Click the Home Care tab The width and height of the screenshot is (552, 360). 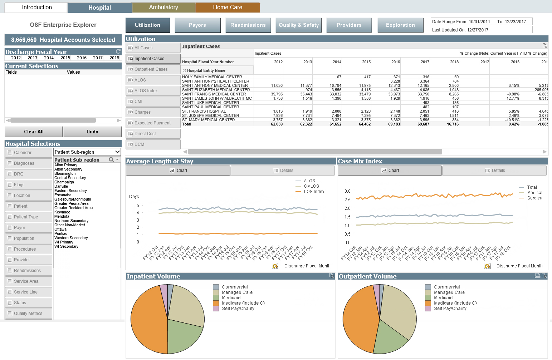[x=228, y=8]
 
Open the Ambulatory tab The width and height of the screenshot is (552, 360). [x=163, y=8]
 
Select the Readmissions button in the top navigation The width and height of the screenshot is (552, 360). [x=248, y=25]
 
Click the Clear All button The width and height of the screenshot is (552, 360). [x=34, y=132]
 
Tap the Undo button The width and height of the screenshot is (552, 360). [x=92, y=132]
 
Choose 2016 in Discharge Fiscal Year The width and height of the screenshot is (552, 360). [x=82, y=58]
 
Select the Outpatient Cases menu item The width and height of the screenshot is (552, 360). [x=153, y=69]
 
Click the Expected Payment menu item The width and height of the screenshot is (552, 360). [x=153, y=123]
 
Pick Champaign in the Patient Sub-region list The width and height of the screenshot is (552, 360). [x=64, y=182]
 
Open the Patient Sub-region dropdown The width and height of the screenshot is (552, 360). [x=117, y=152]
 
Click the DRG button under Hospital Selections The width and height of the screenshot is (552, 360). [x=29, y=174]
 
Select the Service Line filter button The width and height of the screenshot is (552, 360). [x=29, y=292]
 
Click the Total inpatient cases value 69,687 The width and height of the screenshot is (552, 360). [x=423, y=124]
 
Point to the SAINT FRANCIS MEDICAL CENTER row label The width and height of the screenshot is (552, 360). [x=214, y=94]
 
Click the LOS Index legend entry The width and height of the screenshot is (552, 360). [x=314, y=192]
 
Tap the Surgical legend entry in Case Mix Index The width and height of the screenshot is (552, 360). [x=535, y=198]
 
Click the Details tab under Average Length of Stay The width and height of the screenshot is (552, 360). [x=283, y=171]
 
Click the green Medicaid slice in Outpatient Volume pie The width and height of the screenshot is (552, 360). [x=390, y=338]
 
